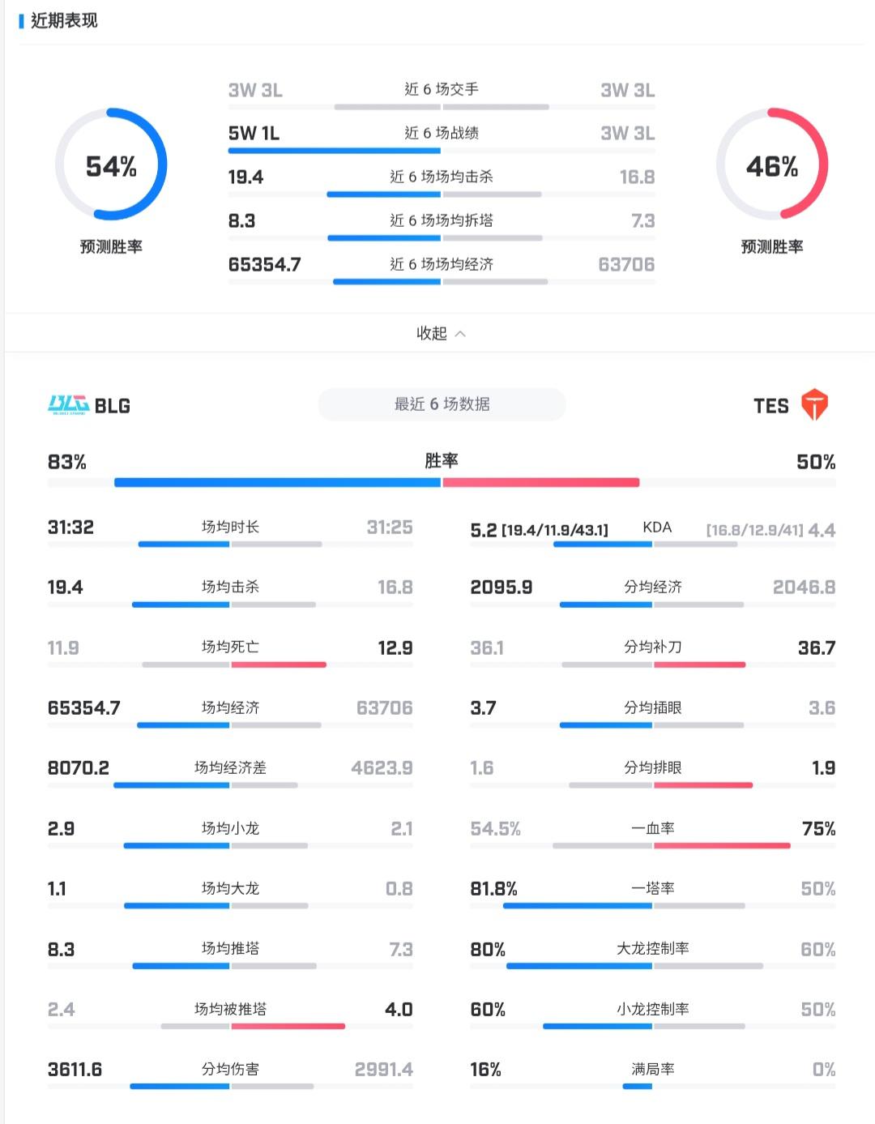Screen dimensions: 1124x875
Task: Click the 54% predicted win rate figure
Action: tap(111, 167)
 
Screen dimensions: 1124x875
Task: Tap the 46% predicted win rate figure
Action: tap(771, 167)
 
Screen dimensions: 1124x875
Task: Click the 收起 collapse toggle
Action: tap(440, 333)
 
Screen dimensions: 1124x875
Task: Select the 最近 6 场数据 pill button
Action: tap(442, 404)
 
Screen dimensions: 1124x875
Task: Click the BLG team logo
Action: tap(68, 404)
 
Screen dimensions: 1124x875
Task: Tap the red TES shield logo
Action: tap(814, 404)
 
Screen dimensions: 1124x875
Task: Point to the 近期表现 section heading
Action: tap(64, 21)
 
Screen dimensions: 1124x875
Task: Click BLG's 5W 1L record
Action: tap(254, 133)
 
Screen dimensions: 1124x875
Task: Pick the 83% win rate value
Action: tap(67, 462)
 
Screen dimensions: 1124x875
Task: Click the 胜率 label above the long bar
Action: tap(442, 460)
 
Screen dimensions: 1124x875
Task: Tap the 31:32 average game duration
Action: tap(70, 528)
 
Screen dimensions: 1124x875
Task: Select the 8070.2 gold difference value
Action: tap(79, 767)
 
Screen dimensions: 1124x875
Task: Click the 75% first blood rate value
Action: tap(818, 828)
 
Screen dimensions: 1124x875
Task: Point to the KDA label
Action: tap(657, 528)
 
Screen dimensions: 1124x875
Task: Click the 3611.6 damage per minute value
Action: tap(75, 1070)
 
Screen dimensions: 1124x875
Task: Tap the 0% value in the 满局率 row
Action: tap(824, 1070)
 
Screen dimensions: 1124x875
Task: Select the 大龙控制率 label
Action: tap(653, 948)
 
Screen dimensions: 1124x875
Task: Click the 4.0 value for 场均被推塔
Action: tap(399, 1010)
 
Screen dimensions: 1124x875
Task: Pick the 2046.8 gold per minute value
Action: tap(804, 588)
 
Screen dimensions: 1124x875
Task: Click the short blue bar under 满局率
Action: tap(638, 1086)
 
